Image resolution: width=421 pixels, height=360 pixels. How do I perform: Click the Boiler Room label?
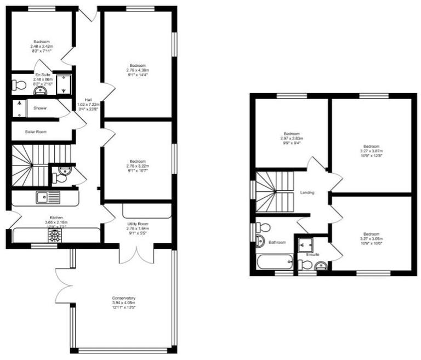click(36, 132)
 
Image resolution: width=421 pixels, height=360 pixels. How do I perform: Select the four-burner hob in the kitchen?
click(55, 235)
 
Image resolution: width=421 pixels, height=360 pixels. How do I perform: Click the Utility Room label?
click(138, 225)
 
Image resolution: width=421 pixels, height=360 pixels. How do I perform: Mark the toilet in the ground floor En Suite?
click(19, 85)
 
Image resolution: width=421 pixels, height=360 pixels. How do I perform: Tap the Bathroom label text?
click(277, 242)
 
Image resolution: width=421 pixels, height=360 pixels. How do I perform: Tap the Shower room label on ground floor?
click(40, 108)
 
